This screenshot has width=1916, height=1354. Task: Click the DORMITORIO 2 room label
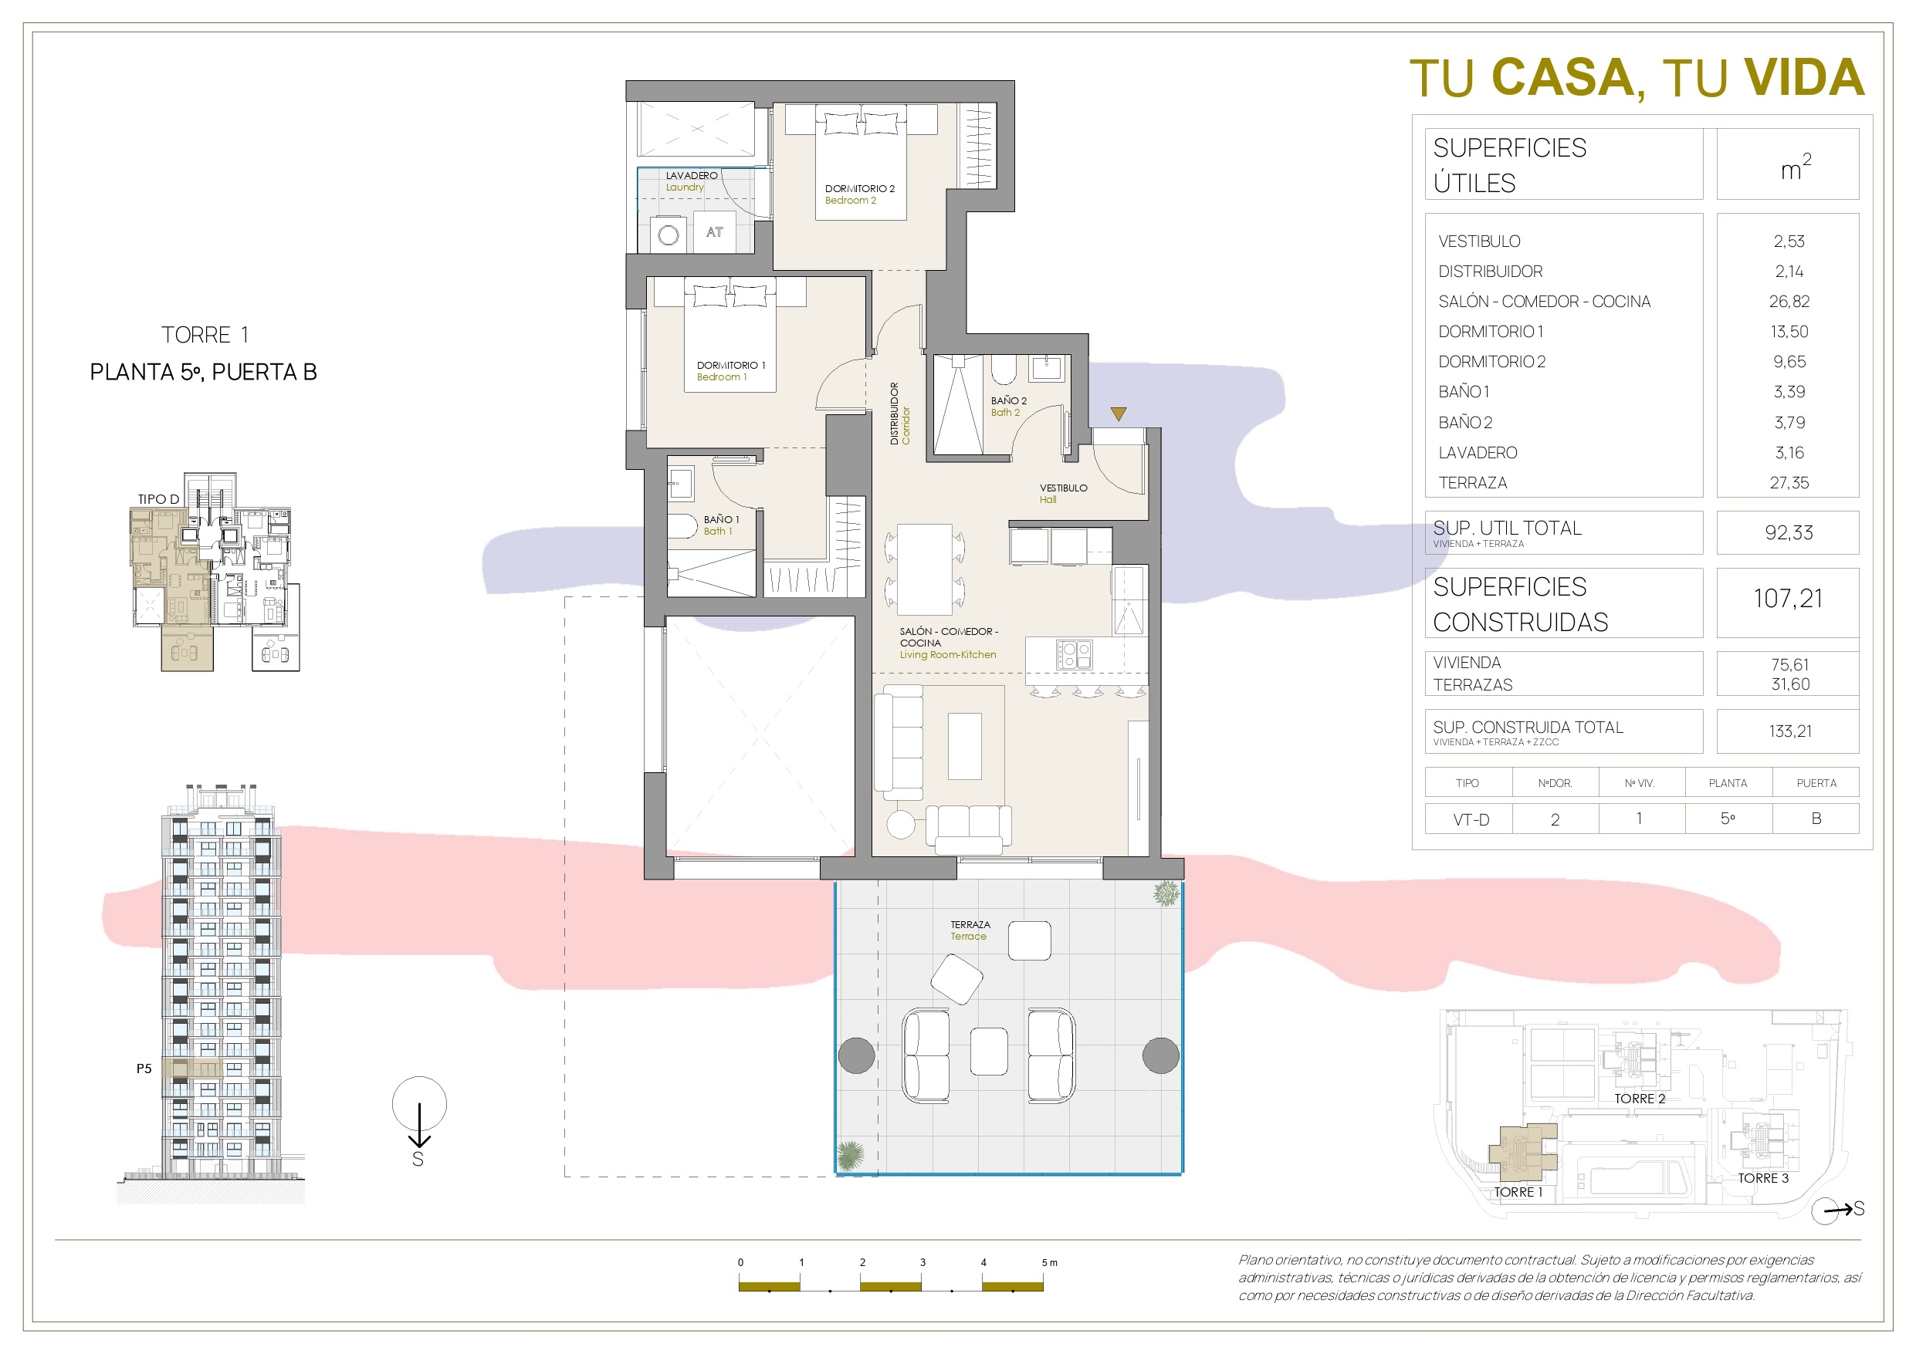[859, 188]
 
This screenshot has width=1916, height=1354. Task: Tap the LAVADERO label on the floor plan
[691, 175]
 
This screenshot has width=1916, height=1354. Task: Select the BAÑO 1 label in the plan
[721, 519]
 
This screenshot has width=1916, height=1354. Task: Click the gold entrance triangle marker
[1119, 414]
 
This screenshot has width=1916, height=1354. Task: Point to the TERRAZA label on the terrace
[970, 924]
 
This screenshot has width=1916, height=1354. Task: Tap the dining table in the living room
[925, 569]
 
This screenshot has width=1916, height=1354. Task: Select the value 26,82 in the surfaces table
[1789, 301]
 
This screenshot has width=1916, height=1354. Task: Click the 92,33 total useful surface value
[1789, 532]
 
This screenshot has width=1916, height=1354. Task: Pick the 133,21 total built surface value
[1790, 731]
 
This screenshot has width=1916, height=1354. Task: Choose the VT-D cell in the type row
[1471, 819]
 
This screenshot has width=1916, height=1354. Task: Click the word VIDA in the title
[1804, 78]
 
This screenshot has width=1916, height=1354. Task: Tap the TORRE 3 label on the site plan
[1763, 1178]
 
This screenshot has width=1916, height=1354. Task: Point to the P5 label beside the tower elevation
[144, 1068]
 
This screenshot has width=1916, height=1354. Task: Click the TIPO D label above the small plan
[158, 499]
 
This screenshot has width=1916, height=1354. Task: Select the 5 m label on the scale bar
[1049, 1262]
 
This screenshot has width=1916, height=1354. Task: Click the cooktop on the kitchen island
[1073, 654]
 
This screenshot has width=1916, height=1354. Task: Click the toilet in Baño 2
[1003, 369]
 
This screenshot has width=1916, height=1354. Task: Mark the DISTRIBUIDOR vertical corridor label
[894, 413]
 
